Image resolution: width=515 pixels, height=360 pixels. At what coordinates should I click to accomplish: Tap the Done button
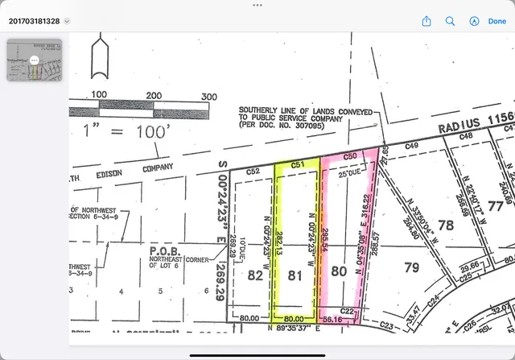(x=496, y=21)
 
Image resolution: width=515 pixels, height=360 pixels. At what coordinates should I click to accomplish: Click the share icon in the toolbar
(x=427, y=21)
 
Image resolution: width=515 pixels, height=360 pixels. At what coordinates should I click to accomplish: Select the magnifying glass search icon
(x=451, y=21)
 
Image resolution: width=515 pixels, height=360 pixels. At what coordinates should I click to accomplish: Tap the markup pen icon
(x=474, y=21)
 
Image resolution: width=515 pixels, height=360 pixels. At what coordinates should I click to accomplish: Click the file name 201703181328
(x=35, y=21)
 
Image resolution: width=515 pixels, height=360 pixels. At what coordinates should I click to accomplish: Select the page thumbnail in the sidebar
(x=34, y=60)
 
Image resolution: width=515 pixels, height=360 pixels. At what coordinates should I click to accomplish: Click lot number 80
(x=338, y=272)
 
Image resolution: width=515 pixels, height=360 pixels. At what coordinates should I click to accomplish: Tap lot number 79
(x=410, y=267)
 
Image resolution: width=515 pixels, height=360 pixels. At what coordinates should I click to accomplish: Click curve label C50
(x=350, y=156)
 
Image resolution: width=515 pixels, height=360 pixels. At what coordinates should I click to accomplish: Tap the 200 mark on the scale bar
(x=154, y=96)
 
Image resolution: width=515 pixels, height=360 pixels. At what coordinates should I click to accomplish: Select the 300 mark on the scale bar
(x=208, y=96)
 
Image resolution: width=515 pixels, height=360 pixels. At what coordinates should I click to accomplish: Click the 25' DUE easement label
(x=352, y=172)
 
